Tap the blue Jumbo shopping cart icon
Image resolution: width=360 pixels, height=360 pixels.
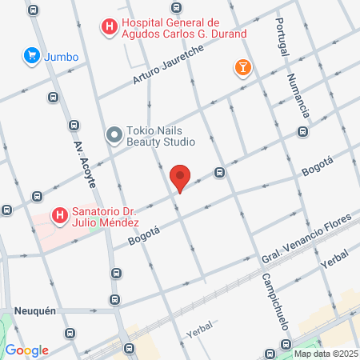[x=32, y=55]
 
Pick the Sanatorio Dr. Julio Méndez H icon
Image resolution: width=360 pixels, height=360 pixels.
[x=58, y=216]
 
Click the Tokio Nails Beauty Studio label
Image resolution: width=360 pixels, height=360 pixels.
[x=161, y=136]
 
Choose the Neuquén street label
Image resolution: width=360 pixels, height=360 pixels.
[x=34, y=310]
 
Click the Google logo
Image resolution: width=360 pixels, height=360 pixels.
[x=26, y=350]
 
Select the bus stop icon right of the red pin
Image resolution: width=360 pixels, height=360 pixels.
[x=219, y=172]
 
